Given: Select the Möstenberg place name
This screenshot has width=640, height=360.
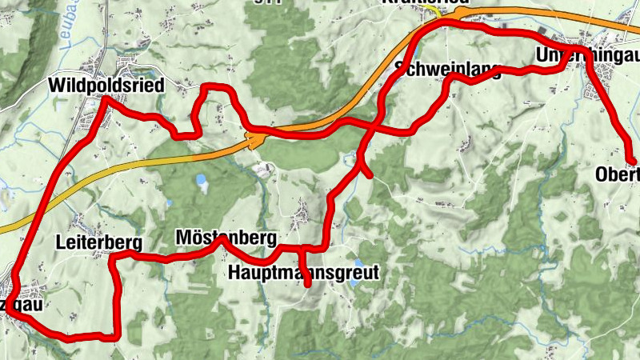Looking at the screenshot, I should click(x=226, y=238).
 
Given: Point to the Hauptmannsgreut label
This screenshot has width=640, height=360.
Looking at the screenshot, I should click(x=302, y=272).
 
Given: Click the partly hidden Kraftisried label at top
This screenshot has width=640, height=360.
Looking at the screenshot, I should click(x=424, y=2).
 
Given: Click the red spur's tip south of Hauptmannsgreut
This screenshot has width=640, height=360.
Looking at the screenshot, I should click(x=308, y=282).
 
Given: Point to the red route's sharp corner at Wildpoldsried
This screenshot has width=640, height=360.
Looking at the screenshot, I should click(x=103, y=99).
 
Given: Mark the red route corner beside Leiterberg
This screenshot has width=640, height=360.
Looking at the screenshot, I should click(x=112, y=256).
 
